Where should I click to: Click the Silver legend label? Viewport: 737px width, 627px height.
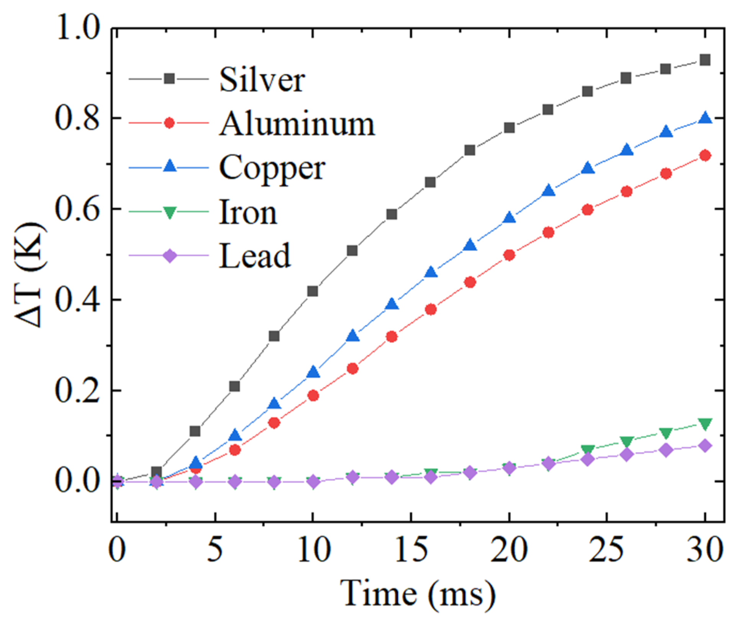262,80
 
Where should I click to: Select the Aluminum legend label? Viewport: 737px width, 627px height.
297,124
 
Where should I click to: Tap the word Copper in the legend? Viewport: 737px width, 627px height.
272,168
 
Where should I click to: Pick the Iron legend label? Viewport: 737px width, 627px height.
248,212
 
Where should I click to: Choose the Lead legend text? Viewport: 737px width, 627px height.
254,256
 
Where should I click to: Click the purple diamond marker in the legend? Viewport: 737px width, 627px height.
169,255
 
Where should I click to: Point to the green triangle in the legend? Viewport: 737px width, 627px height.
169,212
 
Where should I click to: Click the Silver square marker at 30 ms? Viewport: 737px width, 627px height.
705,60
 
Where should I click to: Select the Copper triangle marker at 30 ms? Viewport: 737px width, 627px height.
705,118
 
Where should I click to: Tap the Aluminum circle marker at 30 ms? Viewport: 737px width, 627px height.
705,155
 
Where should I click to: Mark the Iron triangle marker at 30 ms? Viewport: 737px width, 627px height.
705,423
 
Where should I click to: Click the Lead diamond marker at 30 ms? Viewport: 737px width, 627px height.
705,446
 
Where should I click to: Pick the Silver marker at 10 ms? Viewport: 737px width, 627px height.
313,291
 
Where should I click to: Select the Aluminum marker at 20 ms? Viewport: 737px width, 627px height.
509,255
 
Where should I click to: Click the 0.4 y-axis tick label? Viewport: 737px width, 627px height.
78,300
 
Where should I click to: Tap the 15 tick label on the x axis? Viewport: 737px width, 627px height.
411,550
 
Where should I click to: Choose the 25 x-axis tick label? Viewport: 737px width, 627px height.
607,550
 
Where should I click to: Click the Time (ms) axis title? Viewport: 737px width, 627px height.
418,594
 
